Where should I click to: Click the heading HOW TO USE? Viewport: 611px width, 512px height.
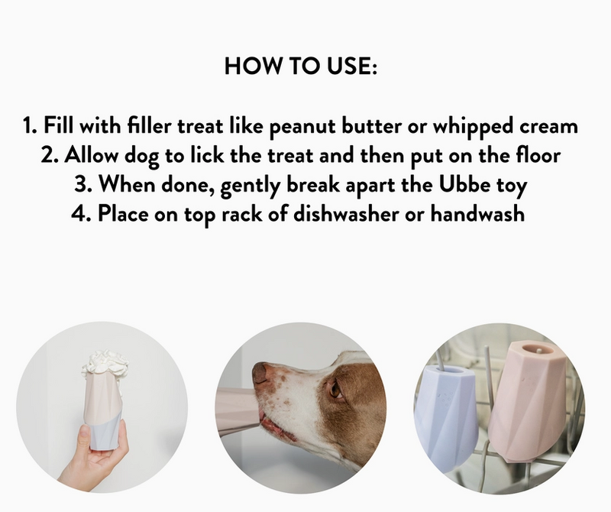click(x=302, y=66)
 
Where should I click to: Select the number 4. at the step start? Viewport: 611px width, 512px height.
click(x=81, y=213)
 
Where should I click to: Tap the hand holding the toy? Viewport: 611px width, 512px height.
click(x=88, y=459)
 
